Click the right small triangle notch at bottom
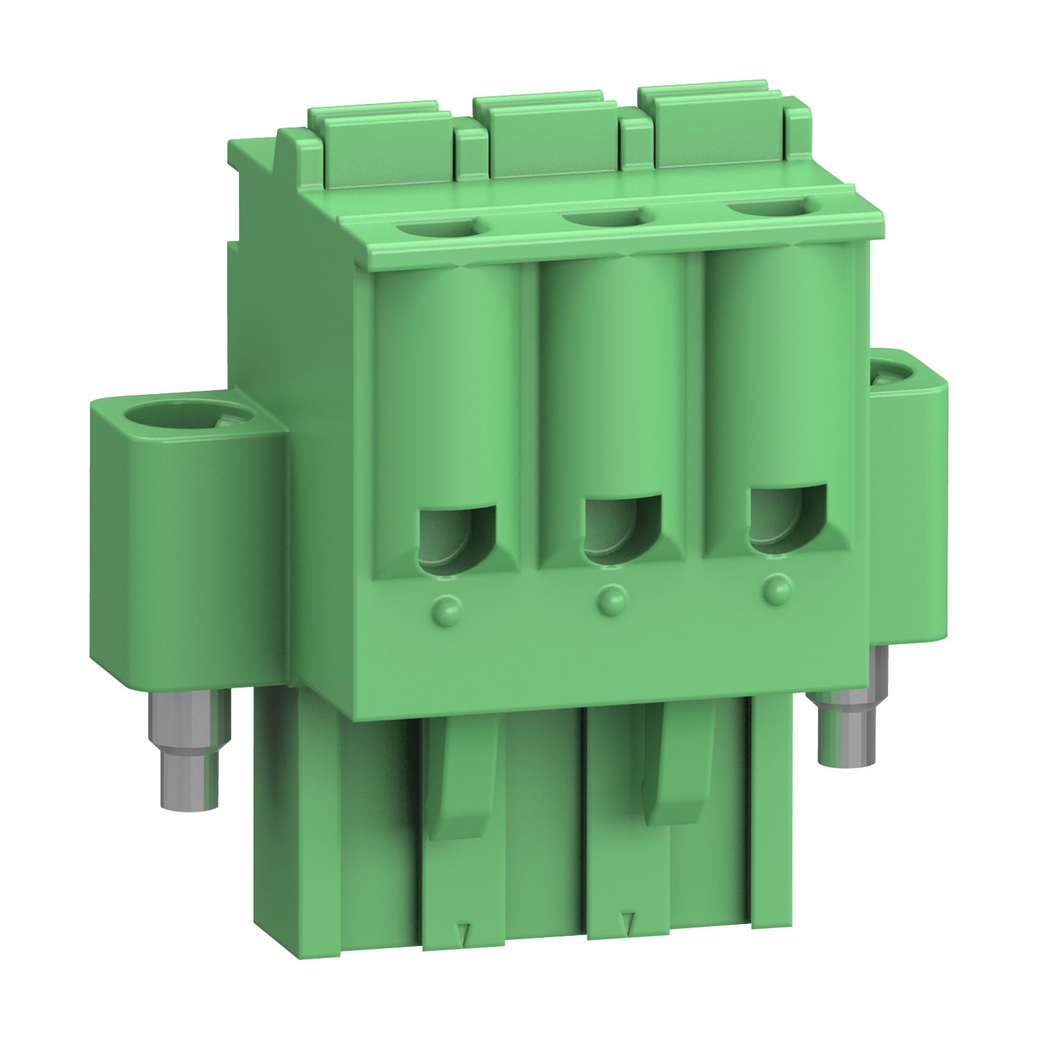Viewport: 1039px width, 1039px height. [628, 921]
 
